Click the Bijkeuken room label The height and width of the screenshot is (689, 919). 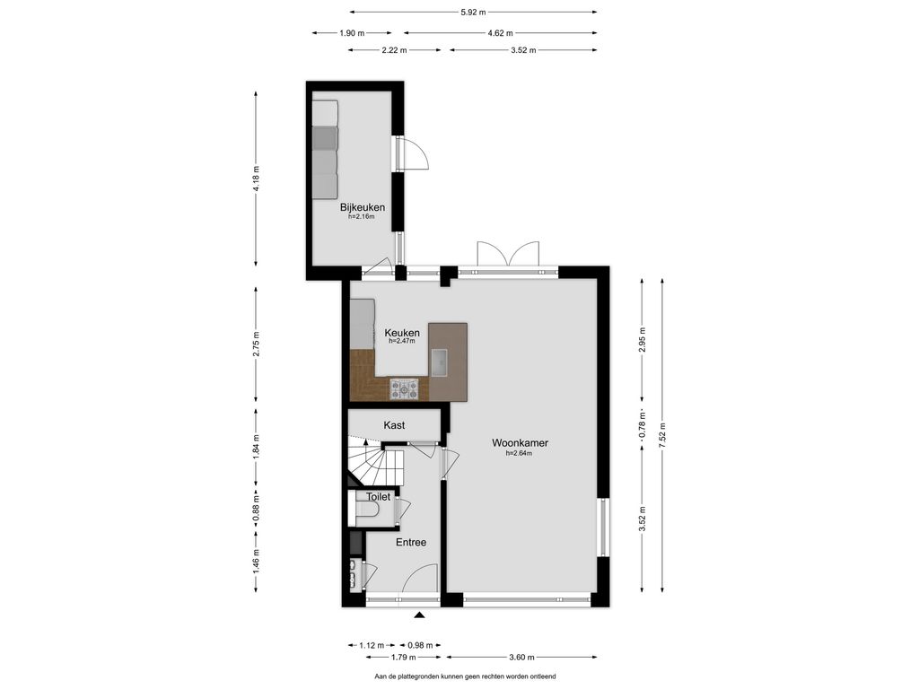[x=363, y=207]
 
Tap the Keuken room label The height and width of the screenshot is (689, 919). [x=402, y=333]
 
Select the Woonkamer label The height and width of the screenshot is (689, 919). [x=520, y=443]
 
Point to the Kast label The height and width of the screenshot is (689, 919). [x=394, y=425]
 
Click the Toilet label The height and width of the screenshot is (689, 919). [x=378, y=497]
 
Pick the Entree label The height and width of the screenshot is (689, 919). [x=411, y=543]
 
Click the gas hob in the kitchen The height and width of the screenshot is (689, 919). [x=405, y=389]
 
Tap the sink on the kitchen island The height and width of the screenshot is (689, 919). [x=439, y=362]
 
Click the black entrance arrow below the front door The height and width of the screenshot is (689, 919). [x=419, y=615]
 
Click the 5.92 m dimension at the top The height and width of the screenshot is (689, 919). [x=474, y=12]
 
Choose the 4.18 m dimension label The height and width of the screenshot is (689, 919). [x=256, y=179]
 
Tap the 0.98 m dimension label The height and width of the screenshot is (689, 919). [x=420, y=646]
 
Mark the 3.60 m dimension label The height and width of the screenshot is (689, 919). [x=521, y=658]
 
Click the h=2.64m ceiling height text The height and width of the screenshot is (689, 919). [x=520, y=453]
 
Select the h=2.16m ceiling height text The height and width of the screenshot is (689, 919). [x=362, y=217]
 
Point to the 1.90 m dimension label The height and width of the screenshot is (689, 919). [x=352, y=33]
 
